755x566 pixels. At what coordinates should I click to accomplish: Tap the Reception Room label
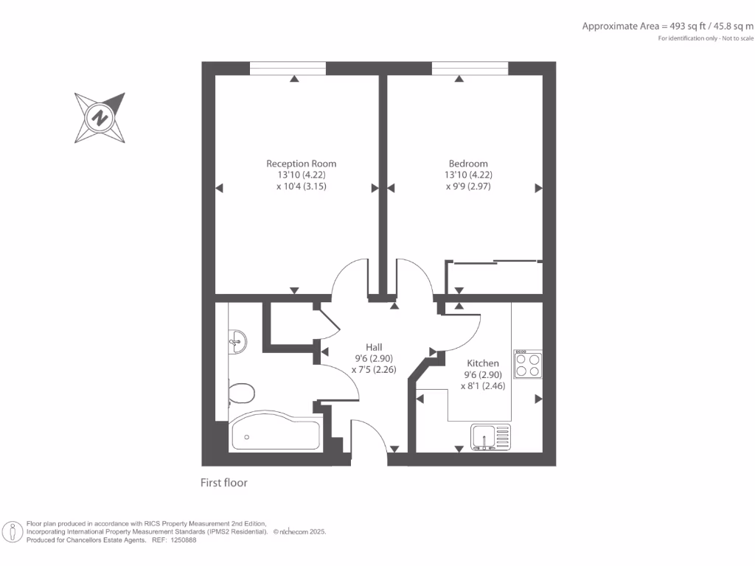pyautogui.click(x=301, y=164)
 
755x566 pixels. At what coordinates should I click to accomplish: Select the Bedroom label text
pyautogui.click(x=468, y=164)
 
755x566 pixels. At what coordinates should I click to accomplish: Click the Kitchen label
pyautogui.click(x=483, y=363)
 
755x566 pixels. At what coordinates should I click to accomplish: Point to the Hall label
pyautogui.click(x=374, y=347)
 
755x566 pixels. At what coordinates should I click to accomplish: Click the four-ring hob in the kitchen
pyautogui.click(x=527, y=365)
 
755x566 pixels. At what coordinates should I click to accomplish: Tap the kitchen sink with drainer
pyautogui.click(x=490, y=437)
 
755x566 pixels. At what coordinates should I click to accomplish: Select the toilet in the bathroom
pyautogui.click(x=240, y=392)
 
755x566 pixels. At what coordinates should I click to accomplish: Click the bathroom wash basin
pyautogui.click(x=237, y=340)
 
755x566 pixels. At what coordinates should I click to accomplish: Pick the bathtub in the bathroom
pyautogui.click(x=275, y=436)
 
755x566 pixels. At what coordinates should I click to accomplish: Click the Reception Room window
pyautogui.click(x=288, y=69)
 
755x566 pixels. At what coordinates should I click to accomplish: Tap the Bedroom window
pyautogui.click(x=470, y=69)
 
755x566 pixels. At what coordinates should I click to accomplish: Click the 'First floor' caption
pyautogui.click(x=224, y=483)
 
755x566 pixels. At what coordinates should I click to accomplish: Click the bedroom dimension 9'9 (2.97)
pyautogui.click(x=468, y=186)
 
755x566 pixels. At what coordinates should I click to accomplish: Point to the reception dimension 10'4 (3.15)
pyautogui.click(x=301, y=186)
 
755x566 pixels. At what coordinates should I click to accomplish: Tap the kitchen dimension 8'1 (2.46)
pyautogui.click(x=483, y=385)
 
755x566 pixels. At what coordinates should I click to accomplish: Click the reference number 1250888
pyautogui.click(x=182, y=540)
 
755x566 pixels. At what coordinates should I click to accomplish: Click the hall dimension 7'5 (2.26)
pyautogui.click(x=374, y=370)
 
